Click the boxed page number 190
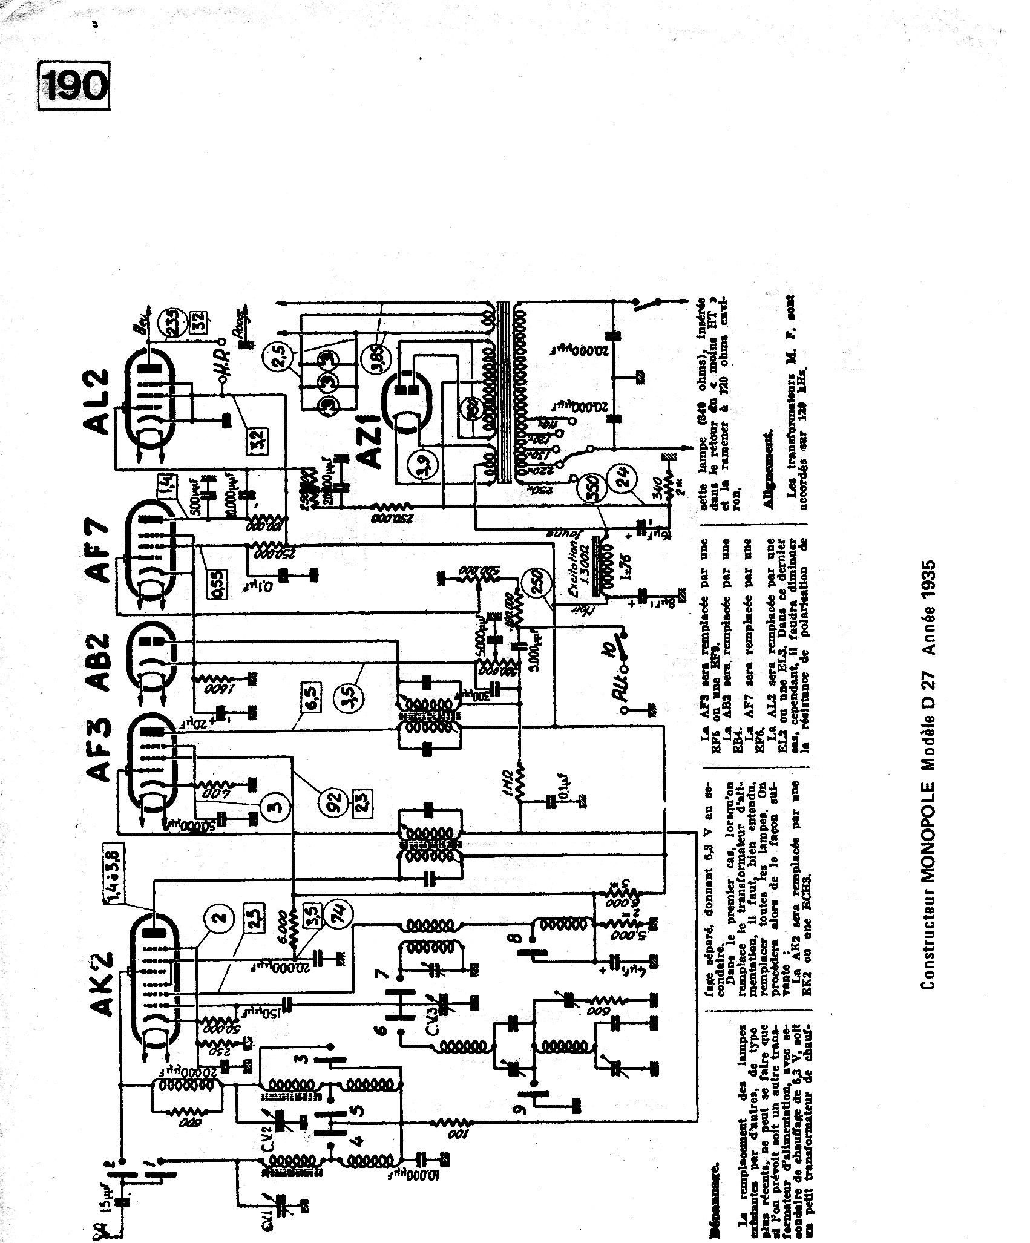click(75, 87)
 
